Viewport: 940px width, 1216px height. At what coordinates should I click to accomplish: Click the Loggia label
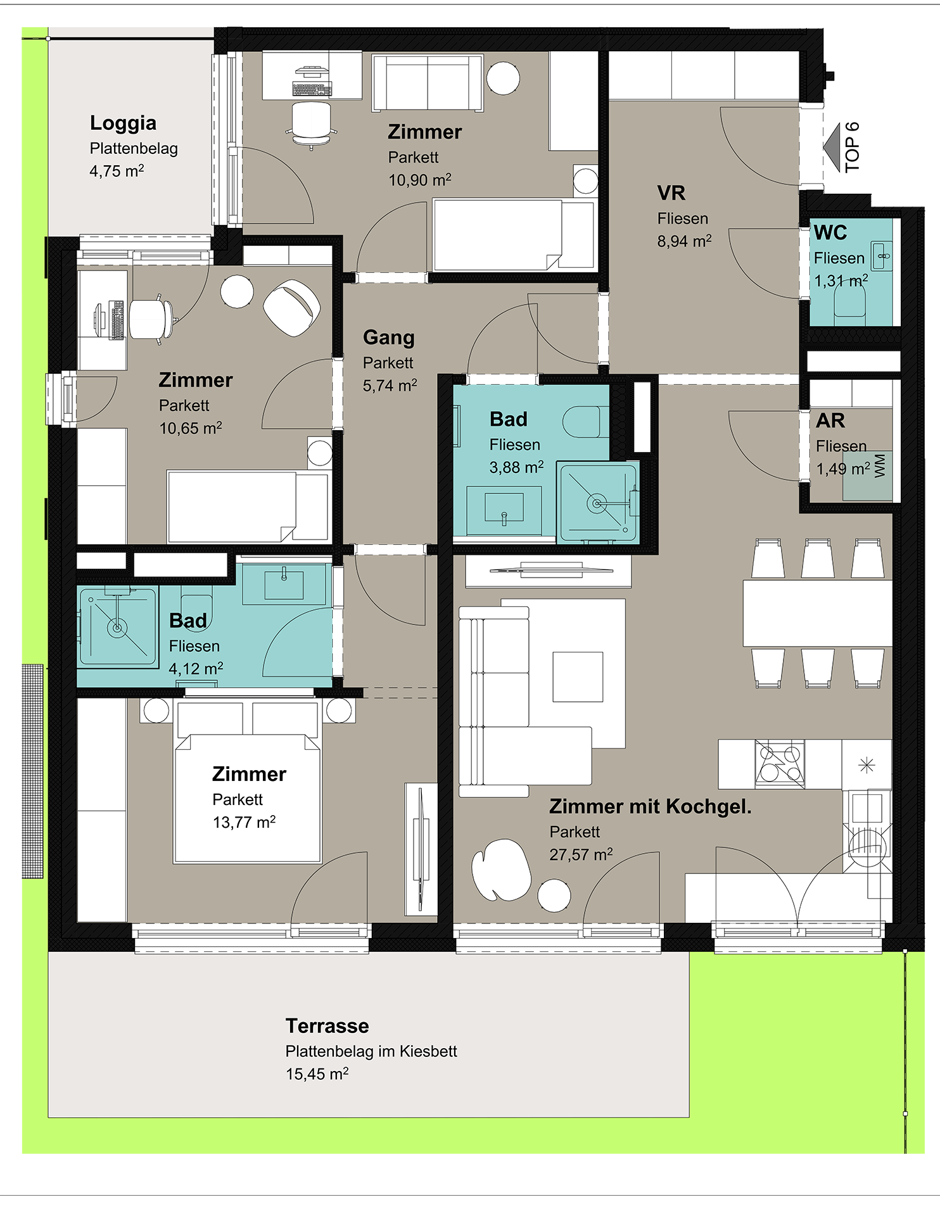(123, 123)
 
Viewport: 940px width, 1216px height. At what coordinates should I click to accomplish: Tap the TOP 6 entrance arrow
(832, 147)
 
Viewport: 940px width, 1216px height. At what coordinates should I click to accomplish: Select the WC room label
(830, 232)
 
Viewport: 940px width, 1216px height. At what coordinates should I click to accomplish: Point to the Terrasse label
(327, 1025)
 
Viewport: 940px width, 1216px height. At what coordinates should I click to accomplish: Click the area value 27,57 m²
(581, 854)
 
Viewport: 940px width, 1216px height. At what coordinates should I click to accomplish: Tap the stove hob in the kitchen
(780, 764)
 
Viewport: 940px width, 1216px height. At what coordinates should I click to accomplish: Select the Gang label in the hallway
(389, 338)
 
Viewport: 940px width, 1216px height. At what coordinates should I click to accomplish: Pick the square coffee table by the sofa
(578, 677)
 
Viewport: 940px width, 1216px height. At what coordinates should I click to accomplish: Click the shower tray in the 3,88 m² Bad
(598, 503)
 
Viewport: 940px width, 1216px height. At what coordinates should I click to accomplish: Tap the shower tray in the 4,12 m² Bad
(117, 627)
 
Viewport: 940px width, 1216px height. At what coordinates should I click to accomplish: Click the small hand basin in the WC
(882, 256)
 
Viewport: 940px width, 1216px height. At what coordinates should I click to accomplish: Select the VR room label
(671, 193)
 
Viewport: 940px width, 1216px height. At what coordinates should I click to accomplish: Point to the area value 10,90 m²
(420, 180)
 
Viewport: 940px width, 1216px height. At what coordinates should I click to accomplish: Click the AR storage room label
(830, 421)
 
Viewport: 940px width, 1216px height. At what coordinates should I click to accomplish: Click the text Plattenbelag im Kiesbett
(371, 1051)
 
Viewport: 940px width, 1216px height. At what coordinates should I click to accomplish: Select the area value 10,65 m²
(191, 428)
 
